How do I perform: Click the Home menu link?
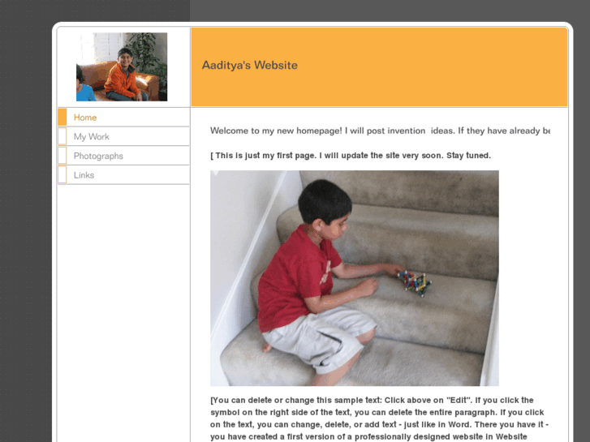pos(85,118)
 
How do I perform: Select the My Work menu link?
pos(91,137)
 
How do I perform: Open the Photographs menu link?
pos(98,156)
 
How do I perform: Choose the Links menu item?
pos(84,175)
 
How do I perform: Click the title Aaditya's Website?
pos(249,66)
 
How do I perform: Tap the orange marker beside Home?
pos(62,118)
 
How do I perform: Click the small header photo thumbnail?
pos(122,67)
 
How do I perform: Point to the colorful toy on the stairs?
pos(414,281)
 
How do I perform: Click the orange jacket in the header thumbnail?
pos(123,81)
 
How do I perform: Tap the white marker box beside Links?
pos(62,175)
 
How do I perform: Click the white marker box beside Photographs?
pos(62,156)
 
